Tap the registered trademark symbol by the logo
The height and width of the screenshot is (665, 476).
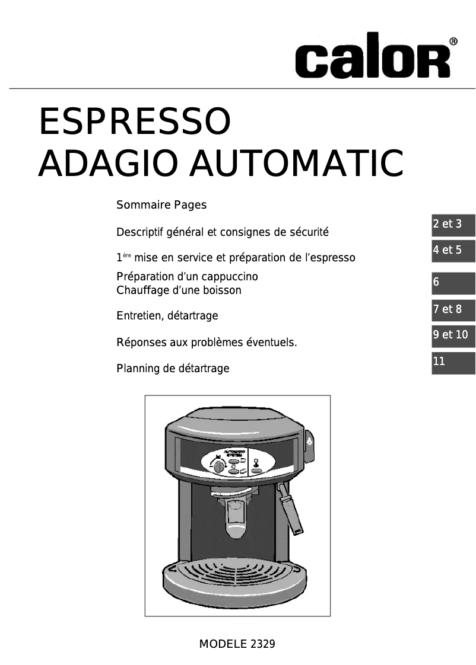[x=453, y=41]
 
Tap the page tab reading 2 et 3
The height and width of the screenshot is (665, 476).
[x=453, y=224]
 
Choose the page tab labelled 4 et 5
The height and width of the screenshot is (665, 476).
[x=453, y=250]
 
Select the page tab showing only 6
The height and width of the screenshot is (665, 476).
[x=453, y=283]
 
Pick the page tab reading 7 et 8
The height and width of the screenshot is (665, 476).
[x=453, y=309]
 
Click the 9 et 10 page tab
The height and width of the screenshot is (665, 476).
[x=453, y=335]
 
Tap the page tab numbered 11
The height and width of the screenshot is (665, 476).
[x=453, y=362]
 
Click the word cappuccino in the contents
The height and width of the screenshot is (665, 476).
[x=231, y=277]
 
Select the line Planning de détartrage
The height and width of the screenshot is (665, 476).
[x=173, y=369]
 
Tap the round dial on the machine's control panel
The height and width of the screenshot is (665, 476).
[x=219, y=466]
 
